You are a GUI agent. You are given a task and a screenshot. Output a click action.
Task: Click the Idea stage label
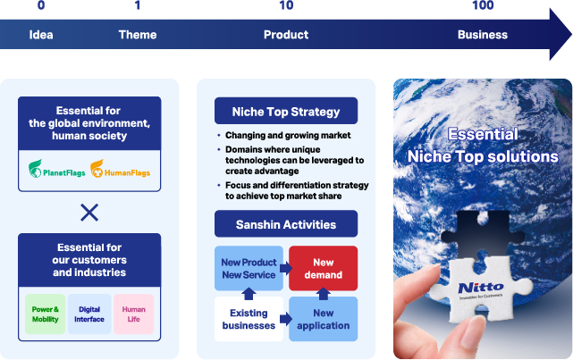pyautogui.click(x=41, y=35)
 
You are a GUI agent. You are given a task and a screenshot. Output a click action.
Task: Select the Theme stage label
pyautogui.click(x=138, y=35)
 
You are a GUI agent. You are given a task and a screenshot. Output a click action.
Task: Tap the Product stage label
pyautogui.click(x=286, y=35)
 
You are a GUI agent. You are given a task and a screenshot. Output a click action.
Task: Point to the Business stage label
pyautogui.click(x=483, y=35)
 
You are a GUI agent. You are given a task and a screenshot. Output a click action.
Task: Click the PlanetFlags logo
pyautogui.click(x=57, y=170)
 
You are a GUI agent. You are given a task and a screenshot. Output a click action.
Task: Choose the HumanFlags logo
pyautogui.click(x=122, y=170)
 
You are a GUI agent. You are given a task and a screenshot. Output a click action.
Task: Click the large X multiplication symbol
pyautogui.click(x=89, y=212)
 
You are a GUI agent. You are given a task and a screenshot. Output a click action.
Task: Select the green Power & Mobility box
pyautogui.click(x=45, y=314)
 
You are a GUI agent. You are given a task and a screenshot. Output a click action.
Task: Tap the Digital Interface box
pyautogui.click(x=89, y=314)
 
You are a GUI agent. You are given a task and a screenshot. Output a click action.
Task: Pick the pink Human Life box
pyautogui.click(x=133, y=314)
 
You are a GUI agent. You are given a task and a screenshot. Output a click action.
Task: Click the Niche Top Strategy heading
pyautogui.click(x=286, y=112)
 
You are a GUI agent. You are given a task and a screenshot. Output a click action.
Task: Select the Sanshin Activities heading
pyautogui.click(x=286, y=224)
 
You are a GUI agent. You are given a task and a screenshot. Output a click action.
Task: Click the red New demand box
pyautogui.click(x=323, y=268)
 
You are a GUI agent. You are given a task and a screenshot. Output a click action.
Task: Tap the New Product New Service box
pyautogui.click(x=248, y=268)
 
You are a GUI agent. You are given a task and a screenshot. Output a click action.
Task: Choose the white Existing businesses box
pyautogui.click(x=248, y=319)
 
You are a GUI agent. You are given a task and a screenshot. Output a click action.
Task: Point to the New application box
pyautogui.click(x=323, y=319)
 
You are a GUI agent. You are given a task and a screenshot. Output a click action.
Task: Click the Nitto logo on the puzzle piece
pyautogui.click(x=481, y=287)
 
